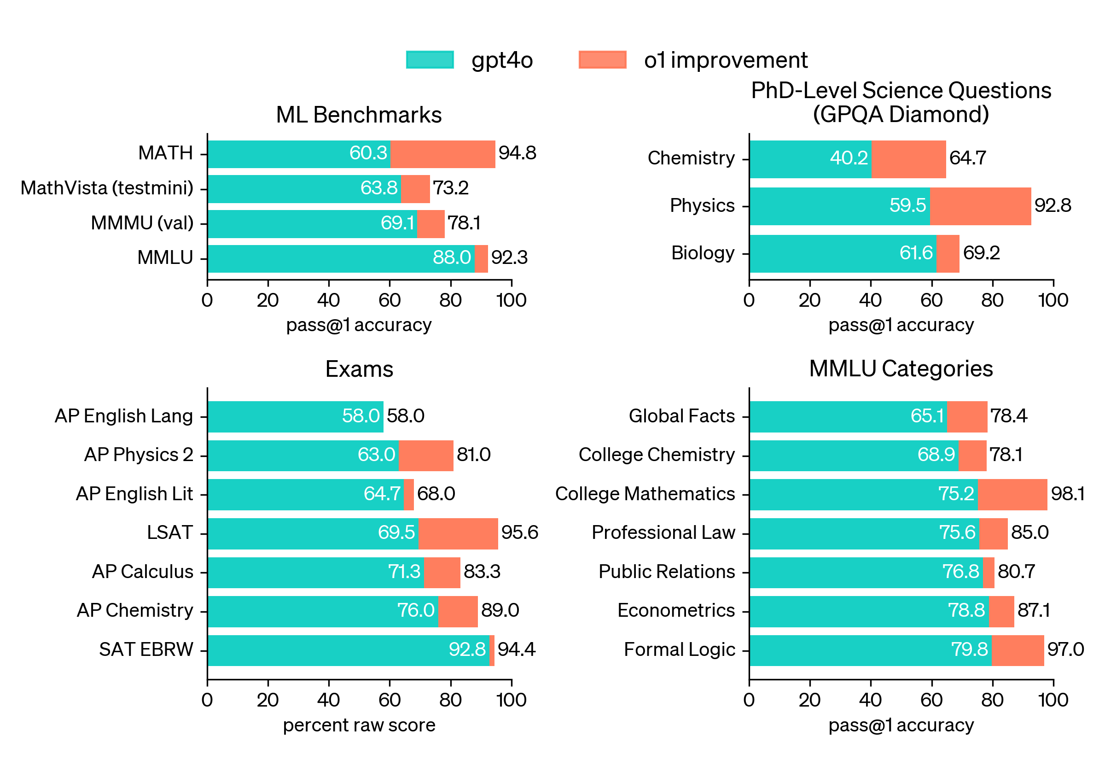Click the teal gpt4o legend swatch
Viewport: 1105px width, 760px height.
[429, 60]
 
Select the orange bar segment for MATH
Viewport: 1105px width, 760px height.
[442, 154]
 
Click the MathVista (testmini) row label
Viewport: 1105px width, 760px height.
[107, 188]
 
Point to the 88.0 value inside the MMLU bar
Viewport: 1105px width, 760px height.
[451, 257]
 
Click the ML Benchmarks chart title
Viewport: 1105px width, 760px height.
[359, 115]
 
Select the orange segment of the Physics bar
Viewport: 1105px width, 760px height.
[980, 206]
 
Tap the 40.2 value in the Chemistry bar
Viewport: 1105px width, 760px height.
[849, 158]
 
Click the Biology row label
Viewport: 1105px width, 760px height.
[703, 253]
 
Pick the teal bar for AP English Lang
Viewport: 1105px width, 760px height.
[295, 416]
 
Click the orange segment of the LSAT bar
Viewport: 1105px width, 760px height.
[458, 533]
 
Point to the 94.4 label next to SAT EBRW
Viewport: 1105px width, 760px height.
[516, 649]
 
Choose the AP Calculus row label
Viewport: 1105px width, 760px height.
[142, 572]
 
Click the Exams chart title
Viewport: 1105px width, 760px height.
[359, 369]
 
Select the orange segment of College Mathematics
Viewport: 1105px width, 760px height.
[1012, 494]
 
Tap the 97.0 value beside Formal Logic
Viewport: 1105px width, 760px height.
[1065, 649]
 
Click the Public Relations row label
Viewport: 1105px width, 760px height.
[666, 572]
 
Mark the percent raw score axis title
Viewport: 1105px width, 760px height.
[359, 725]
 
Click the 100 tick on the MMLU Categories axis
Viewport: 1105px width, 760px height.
[1053, 700]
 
